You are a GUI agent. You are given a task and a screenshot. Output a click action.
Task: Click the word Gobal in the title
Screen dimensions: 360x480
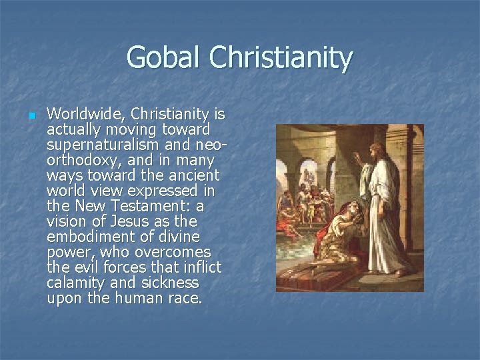pyautogui.click(x=164, y=57)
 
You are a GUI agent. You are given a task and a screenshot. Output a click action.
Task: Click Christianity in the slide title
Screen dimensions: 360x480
pyautogui.click(x=280, y=59)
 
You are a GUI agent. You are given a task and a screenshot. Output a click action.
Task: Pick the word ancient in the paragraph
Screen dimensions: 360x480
pyautogui.click(x=193, y=176)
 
